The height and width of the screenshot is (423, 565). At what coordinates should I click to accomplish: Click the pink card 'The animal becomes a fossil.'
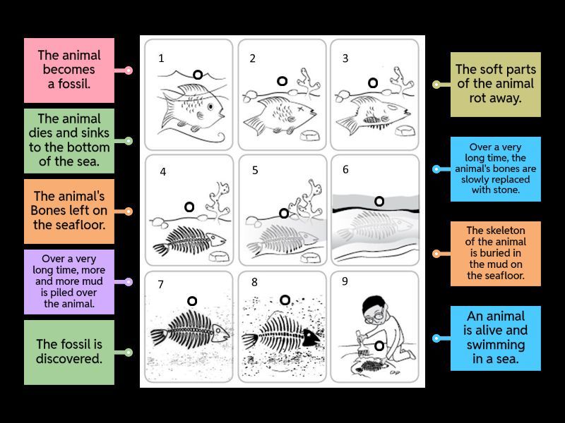pos(69,70)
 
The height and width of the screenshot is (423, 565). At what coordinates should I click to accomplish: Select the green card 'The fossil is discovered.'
pos(69,352)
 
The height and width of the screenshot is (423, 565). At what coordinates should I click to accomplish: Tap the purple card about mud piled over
pos(69,281)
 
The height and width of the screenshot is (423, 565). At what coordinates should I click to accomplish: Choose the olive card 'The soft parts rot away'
pos(496,85)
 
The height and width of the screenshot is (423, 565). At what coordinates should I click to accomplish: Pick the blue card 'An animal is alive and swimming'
pos(496,338)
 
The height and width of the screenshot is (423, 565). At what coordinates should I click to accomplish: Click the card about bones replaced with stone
pos(496,169)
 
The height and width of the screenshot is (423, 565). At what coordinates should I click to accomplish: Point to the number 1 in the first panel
pos(161,59)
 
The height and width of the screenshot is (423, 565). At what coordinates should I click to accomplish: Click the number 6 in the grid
pos(345,169)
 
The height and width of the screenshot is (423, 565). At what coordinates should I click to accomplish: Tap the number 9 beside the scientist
pos(345,281)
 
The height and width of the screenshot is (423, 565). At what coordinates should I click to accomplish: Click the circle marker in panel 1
pos(198,75)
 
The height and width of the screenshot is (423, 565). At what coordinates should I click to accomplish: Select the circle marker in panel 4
pos(189,207)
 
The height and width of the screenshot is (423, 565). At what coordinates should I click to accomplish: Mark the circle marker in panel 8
pos(285,300)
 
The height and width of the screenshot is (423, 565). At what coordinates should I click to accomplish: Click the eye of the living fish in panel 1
pos(210,107)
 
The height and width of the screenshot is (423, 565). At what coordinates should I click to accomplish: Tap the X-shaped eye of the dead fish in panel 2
pos(299,109)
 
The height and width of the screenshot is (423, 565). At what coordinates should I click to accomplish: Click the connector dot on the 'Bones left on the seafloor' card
pos(129,211)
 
